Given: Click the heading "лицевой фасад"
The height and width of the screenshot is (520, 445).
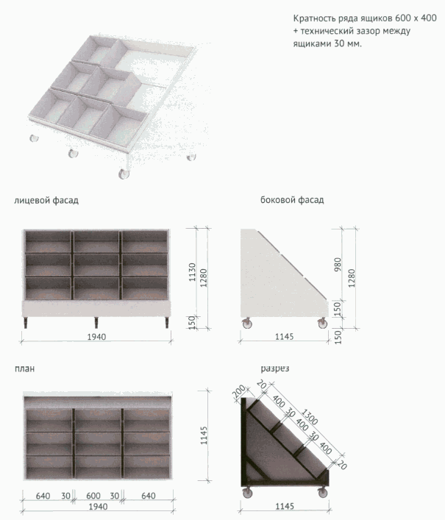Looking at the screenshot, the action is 46,201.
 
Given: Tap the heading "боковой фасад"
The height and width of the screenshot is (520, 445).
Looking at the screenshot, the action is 292,200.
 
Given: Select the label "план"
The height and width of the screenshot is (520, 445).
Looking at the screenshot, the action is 24,368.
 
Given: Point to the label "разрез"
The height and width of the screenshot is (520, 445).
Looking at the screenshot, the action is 275,368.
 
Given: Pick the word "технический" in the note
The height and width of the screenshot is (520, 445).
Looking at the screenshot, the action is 326,31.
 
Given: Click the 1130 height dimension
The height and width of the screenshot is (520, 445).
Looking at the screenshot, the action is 192,272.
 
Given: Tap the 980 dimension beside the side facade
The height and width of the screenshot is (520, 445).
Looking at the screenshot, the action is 338,264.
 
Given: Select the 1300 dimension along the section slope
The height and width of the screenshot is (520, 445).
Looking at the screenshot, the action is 310,417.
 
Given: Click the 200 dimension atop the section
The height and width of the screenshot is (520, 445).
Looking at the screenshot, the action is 239,392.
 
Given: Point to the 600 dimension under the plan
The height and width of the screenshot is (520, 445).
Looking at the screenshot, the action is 93,496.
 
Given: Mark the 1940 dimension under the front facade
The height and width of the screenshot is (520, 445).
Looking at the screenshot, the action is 96,337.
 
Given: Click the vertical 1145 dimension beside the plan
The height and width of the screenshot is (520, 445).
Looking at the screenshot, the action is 204,435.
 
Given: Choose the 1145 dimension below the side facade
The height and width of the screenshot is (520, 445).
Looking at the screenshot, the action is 284,337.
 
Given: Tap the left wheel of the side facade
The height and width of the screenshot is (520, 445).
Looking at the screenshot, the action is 246,323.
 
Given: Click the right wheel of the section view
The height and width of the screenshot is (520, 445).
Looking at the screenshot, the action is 322,492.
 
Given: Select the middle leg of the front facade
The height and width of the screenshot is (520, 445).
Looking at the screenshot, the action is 96,322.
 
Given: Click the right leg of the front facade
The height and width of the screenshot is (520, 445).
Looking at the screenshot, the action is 167,322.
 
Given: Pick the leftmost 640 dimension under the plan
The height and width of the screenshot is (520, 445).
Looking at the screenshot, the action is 43,496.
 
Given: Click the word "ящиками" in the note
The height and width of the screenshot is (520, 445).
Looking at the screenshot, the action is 310,44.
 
